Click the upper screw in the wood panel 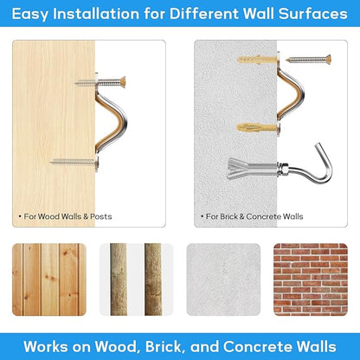(x=100, y=82)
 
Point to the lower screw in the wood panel (x=74, y=162)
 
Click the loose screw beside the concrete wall (x=308, y=60)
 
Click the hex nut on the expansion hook (x=283, y=168)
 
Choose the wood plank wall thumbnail (x=49, y=280)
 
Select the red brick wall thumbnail (x=311, y=280)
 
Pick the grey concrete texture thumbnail (x=223, y=280)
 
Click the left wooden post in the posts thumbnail (x=119, y=280)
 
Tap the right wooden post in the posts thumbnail (x=153, y=280)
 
